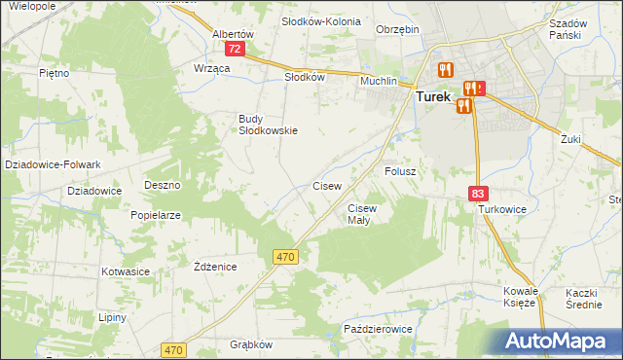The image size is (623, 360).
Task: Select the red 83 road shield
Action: click(477, 195)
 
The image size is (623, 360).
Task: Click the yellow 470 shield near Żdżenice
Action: click(285, 256)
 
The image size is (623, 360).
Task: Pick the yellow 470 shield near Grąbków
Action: click(173, 349)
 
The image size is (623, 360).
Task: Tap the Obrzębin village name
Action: click(397, 29)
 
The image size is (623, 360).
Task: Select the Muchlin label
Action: click(380, 81)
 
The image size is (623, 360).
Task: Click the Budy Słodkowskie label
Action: click(268, 125)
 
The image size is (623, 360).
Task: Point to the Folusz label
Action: click(400, 171)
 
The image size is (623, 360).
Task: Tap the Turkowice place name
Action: click(501, 209)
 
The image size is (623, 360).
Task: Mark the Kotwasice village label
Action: click(123, 271)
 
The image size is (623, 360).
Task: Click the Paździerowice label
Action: click(378, 330)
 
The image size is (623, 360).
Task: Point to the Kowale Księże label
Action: click(520, 297)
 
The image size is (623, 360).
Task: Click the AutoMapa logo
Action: click(559, 342)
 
